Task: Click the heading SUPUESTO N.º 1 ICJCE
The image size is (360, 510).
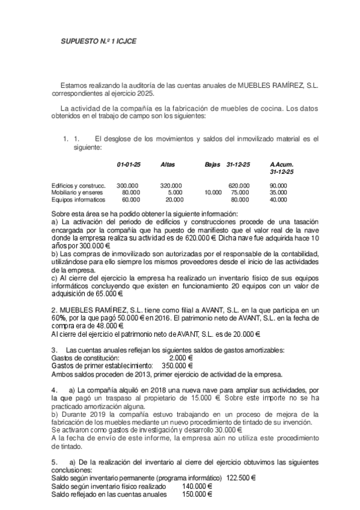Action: click(100, 45)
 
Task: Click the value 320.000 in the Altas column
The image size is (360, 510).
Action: click(172, 185)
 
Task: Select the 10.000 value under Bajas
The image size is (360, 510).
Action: click(213, 192)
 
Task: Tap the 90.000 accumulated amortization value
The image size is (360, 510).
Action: click(278, 185)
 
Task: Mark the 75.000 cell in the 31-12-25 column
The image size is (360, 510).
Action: click(240, 192)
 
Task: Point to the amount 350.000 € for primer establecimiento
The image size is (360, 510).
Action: click(177, 365)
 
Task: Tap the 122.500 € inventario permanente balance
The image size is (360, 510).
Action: click(240, 478)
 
